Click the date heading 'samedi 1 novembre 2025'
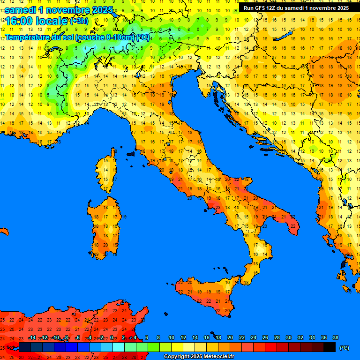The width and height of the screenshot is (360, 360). [x=59, y=10]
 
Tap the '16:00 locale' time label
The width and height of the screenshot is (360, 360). [x=37, y=21]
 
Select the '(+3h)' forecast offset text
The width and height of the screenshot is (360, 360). [x=79, y=21]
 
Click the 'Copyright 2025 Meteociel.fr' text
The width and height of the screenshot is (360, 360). [x=199, y=356]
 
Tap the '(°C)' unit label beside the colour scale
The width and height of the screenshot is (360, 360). [x=344, y=348]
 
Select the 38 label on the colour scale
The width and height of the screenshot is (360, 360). [x=335, y=337]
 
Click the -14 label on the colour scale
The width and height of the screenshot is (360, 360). [x=32, y=337]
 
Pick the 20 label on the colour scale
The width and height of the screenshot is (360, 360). [x=230, y=337]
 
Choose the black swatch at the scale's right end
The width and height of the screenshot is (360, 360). [x=330, y=347]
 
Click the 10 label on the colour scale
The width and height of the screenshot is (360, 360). [x=171, y=337]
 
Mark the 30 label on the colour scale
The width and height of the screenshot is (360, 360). [x=288, y=337]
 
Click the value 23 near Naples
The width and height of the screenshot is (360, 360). [x=217, y=207]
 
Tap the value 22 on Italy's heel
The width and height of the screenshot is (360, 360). [x=292, y=226]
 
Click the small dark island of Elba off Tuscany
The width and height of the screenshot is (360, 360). [x=131, y=153]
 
